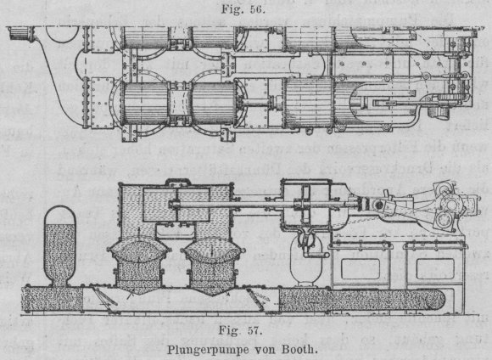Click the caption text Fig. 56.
(x=243, y=9)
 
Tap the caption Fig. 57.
(x=240, y=330)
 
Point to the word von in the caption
(x=263, y=349)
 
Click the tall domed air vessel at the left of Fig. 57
(x=59, y=246)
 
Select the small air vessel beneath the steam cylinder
(x=306, y=260)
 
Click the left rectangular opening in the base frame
(x=360, y=268)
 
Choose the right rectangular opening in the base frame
(x=435, y=268)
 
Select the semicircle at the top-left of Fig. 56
(x=62, y=34)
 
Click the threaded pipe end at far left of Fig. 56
(x=20, y=33)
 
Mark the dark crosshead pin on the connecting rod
(x=378, y=205)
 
